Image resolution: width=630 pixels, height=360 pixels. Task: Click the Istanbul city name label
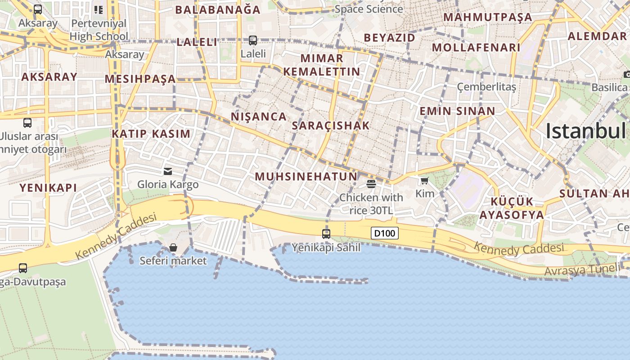585,131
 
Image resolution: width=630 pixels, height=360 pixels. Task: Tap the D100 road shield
385,233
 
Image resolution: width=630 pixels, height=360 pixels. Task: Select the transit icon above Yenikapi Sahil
326,234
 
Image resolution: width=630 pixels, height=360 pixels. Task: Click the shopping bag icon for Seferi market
173,247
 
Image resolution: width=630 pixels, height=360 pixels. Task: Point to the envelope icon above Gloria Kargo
168,171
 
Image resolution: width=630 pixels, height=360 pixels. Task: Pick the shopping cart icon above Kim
424,181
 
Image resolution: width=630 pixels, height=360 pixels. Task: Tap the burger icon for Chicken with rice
371,184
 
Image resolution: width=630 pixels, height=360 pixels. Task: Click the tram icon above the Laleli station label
253,40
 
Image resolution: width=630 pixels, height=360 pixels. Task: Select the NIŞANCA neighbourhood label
259,117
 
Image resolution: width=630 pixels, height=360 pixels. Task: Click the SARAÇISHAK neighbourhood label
331,126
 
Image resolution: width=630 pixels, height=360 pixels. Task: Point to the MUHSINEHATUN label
306,177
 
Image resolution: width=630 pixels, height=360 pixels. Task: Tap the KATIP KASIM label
151,134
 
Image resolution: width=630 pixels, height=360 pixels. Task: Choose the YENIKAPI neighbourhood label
48,188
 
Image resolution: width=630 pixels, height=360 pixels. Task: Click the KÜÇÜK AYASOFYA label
512,208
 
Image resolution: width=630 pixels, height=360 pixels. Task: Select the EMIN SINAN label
457,111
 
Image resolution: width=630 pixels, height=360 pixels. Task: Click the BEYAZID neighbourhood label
390,38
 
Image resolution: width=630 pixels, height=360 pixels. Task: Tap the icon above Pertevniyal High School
99,9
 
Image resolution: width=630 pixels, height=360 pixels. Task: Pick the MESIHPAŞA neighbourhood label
140,79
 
